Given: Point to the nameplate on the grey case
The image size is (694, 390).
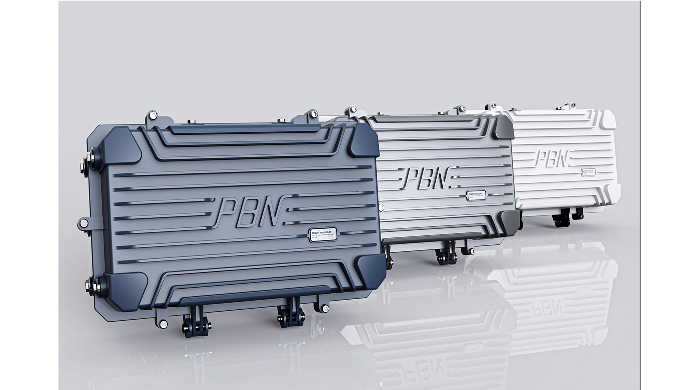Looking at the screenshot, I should coord(477,195).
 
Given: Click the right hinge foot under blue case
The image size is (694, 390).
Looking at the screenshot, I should coord(292,317).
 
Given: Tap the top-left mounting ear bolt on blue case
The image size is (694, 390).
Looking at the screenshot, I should coord(153,116).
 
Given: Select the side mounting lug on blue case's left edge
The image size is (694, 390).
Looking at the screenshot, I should coord(84,223).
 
